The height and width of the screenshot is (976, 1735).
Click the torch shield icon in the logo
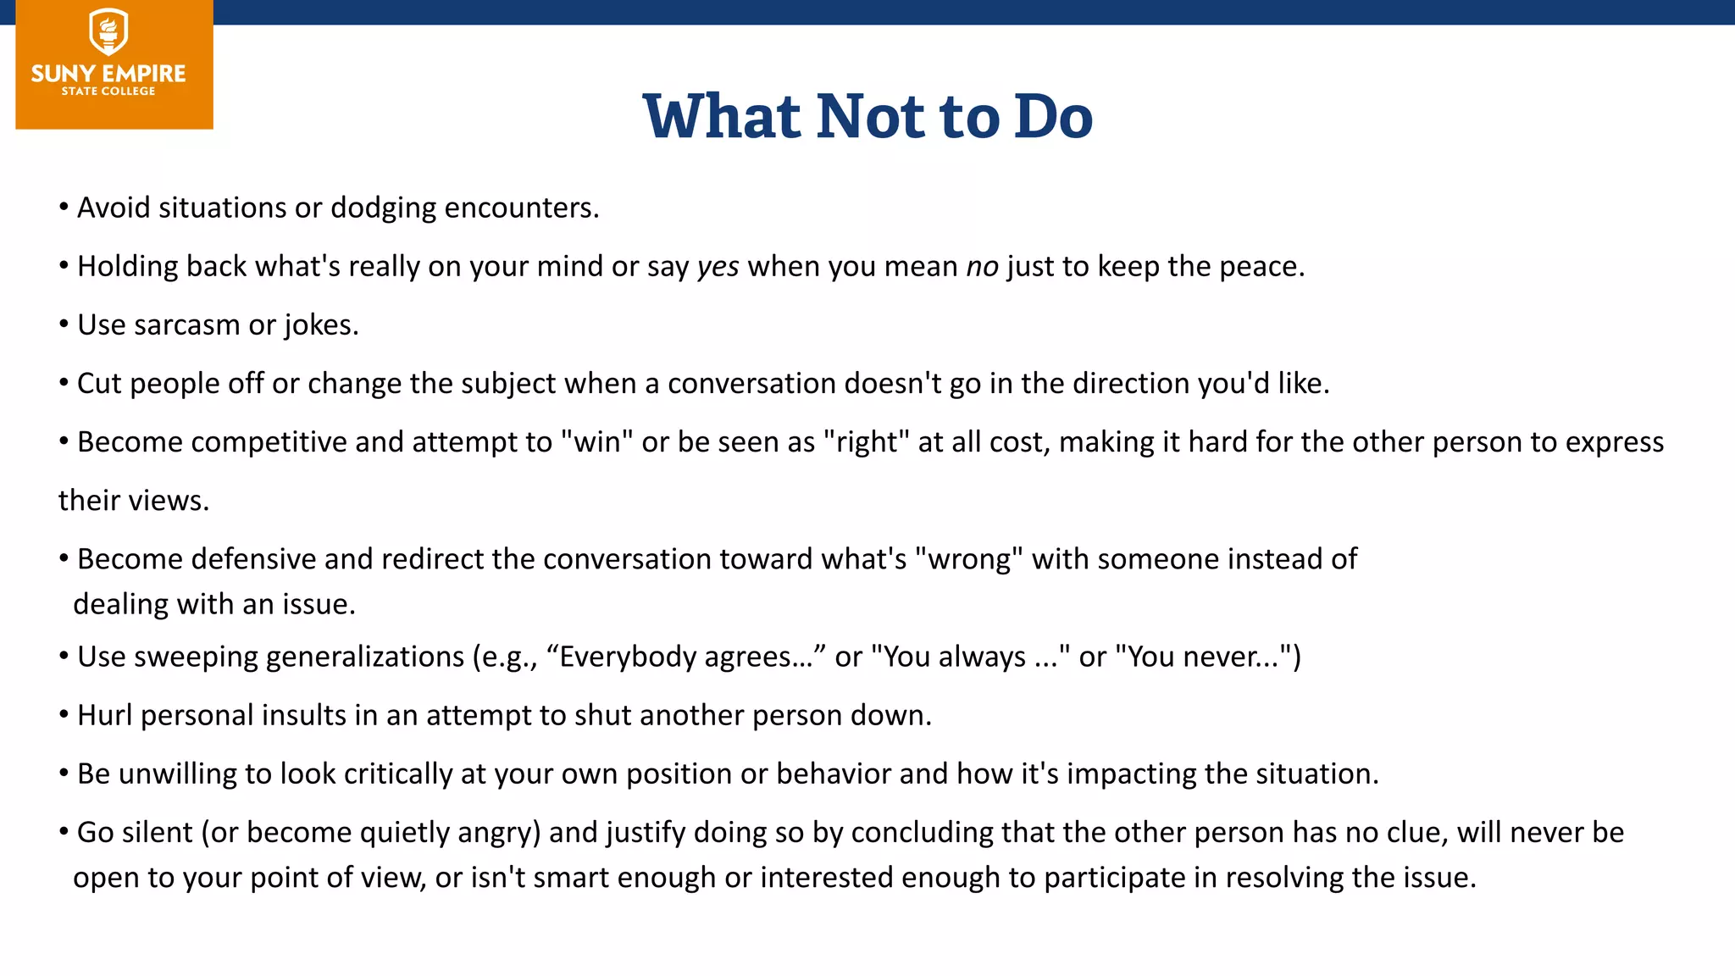108,32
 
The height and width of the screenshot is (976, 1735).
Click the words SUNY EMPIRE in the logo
108,74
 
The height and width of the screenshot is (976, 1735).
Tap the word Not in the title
872,116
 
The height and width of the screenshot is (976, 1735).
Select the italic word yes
718,267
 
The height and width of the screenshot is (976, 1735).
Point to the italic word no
982,267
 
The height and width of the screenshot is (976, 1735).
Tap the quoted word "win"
596,442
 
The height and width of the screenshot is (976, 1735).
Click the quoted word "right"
866,442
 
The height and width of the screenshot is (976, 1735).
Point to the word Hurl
105,715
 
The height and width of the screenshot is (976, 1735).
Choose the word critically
398,774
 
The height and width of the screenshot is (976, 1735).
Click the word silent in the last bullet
158,832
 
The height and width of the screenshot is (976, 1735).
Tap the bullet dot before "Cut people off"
64,384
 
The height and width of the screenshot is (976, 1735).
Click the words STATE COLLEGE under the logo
108,91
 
